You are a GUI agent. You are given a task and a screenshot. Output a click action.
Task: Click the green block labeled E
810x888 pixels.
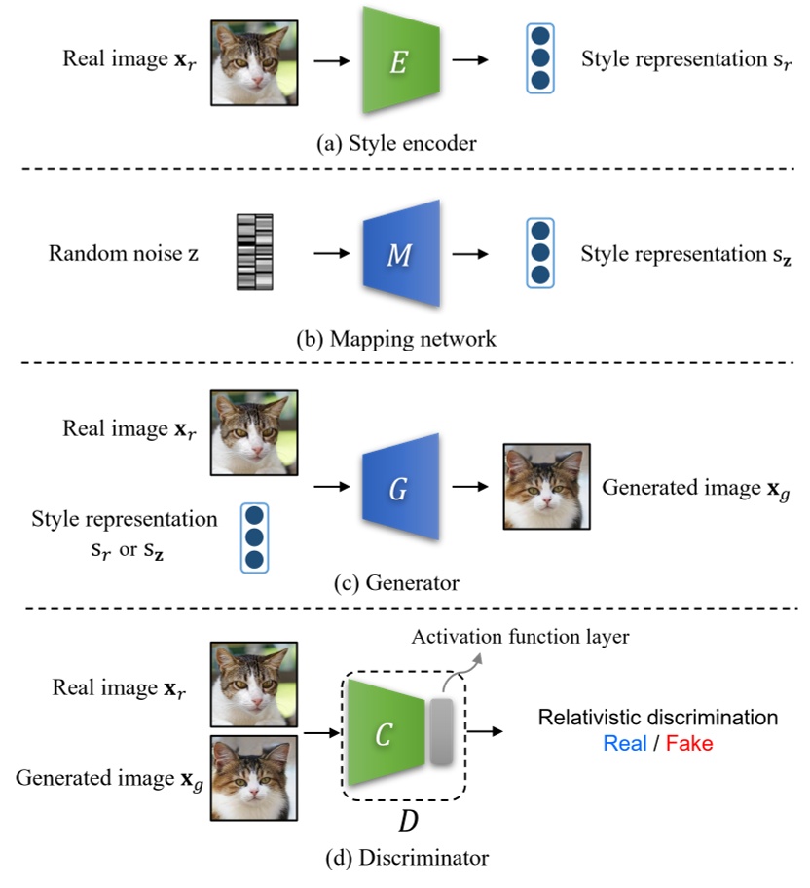coord(397,60)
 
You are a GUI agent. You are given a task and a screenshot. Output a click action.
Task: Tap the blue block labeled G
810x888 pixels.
coord(397,488)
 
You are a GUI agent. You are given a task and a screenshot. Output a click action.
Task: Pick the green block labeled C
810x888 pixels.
coord(384,734)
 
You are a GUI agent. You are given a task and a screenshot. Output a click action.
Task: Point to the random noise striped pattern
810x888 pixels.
coord(255,253)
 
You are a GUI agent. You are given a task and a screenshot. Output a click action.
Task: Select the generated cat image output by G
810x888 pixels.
coord(546,487)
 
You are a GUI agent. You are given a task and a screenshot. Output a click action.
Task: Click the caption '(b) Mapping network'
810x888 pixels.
coord(395,341)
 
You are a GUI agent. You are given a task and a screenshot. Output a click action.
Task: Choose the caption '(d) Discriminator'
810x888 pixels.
coord(402,858)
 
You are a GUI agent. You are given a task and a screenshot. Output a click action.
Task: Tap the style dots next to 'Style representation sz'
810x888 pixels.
coord(538,253)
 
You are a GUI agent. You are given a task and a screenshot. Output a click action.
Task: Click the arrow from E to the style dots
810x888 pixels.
coord(473,61)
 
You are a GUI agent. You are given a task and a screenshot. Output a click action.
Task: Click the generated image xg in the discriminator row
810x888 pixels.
coord(254,779)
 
